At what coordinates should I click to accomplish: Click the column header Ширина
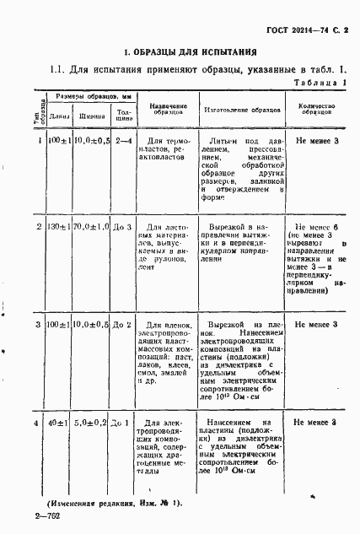(x=92, y=116)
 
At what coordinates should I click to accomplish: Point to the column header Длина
(x=59, y=116)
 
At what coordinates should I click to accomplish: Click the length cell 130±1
(x=59, y=229)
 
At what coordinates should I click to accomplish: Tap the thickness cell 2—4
(x=124, y=140)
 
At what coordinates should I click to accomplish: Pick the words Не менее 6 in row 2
(x=318, y=228)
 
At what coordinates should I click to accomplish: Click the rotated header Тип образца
(x=38, y=119)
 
